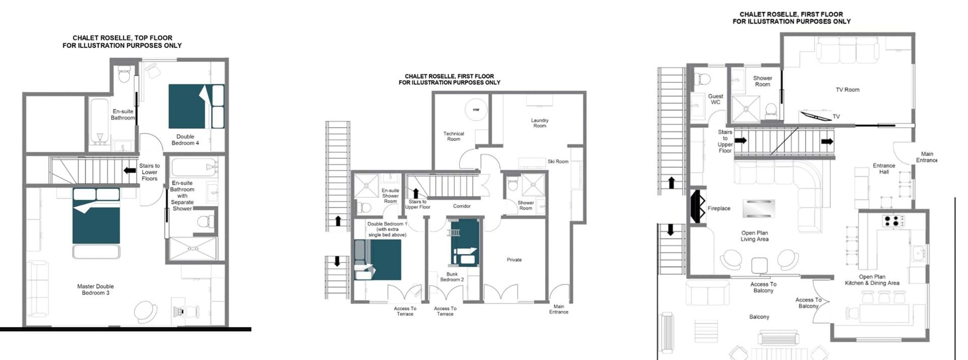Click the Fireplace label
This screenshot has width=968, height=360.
click(718, 208)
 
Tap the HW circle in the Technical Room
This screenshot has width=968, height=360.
click(476, 109)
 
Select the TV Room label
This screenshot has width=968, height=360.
click(848, 90)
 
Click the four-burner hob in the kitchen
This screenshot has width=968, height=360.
click(892, 220)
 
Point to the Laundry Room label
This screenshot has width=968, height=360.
click(539, 123)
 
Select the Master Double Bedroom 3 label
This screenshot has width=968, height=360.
click(95, 289)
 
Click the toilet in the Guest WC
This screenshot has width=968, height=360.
click(702, 79)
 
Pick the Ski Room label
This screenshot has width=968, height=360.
click(558, 161)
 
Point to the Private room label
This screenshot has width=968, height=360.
click(514, 260)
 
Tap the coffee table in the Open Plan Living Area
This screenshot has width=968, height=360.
click(758, 208)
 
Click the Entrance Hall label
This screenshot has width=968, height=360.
click(884, 168)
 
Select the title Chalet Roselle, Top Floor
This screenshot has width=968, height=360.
click(122, 38)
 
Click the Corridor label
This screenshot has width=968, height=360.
click(462, 206)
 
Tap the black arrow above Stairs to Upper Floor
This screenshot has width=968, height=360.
click(416, 193)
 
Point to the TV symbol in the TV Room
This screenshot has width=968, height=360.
click(816, 115)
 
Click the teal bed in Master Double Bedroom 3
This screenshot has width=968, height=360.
click(96, 216)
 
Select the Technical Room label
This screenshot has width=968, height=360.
click(453, 136)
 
